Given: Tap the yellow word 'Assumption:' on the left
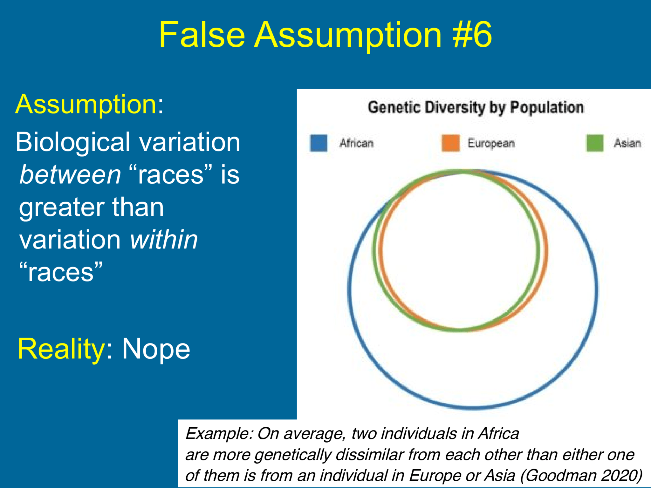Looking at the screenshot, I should click(89, 105).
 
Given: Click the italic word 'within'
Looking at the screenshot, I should click(164, 240).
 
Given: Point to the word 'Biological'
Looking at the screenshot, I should click(73, 142).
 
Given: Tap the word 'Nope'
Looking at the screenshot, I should click(156, 349).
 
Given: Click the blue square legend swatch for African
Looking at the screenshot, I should click(318, 143).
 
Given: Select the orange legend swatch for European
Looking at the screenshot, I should click(450, 143).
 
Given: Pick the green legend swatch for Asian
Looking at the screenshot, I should click(595, 143).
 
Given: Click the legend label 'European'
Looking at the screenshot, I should click(491, 144).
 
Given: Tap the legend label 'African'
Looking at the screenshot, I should click(356, 143).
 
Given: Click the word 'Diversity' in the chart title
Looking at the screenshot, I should click(455, 107).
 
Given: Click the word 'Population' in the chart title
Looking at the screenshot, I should click(547, 107).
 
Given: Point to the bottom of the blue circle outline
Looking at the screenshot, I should click(473, 407).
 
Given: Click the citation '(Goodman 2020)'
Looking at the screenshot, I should click(581, 475).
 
